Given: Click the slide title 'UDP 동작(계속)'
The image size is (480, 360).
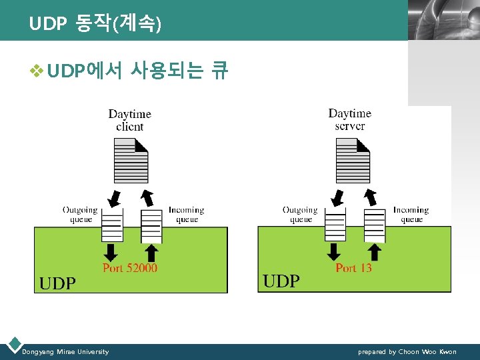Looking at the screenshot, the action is point(95,25).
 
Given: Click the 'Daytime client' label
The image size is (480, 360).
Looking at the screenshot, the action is point(130,120).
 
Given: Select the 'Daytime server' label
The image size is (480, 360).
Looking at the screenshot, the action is point(350,120).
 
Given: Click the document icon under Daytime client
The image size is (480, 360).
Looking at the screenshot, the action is point(131,161).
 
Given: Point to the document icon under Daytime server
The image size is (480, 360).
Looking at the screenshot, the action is point(353,161).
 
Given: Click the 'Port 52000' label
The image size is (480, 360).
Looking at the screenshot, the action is point(130,268).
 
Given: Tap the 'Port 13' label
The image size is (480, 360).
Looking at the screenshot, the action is point(354,268).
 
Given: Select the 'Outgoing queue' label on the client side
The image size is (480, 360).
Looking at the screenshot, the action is point(80,215).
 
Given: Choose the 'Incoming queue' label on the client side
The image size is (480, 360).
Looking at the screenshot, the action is point(186,215).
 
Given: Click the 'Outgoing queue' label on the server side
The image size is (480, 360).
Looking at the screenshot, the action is point(300,215).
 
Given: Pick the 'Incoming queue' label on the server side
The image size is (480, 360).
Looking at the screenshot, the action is point(411,215).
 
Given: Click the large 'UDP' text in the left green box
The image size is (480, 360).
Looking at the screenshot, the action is point(57,283).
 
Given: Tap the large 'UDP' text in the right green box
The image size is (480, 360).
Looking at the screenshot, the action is point(281,281).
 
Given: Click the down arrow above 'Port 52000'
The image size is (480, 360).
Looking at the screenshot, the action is point(111,252).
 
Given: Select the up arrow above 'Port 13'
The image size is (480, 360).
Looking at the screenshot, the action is point(375,252).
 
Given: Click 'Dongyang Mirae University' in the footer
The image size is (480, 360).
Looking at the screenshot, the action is point(65,352).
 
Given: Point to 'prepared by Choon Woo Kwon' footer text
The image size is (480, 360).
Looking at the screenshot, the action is point(407,352).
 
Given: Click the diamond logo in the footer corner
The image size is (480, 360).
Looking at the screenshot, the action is point(13,345).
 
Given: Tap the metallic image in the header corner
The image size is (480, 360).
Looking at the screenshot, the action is point(443,20).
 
